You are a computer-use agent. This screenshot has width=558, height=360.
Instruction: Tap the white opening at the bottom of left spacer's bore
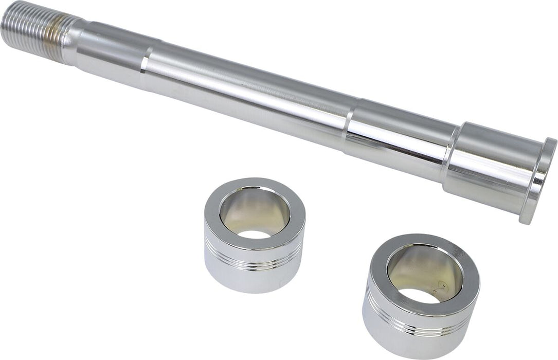(255, 235)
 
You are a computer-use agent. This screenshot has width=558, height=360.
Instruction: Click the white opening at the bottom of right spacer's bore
(419, 295)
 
